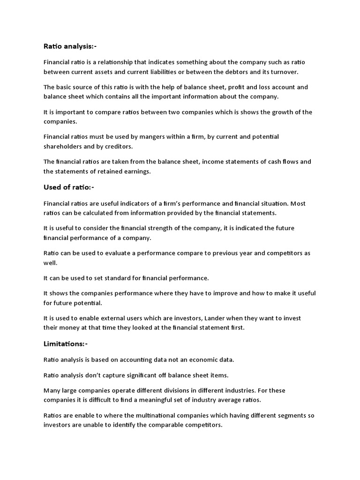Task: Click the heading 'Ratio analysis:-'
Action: click(70, 46)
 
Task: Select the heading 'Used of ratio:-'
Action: click(69, 187)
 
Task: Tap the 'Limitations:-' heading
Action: click(65, 344)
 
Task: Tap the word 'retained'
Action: click(108, 171)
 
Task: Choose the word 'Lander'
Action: click(217, 318)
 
